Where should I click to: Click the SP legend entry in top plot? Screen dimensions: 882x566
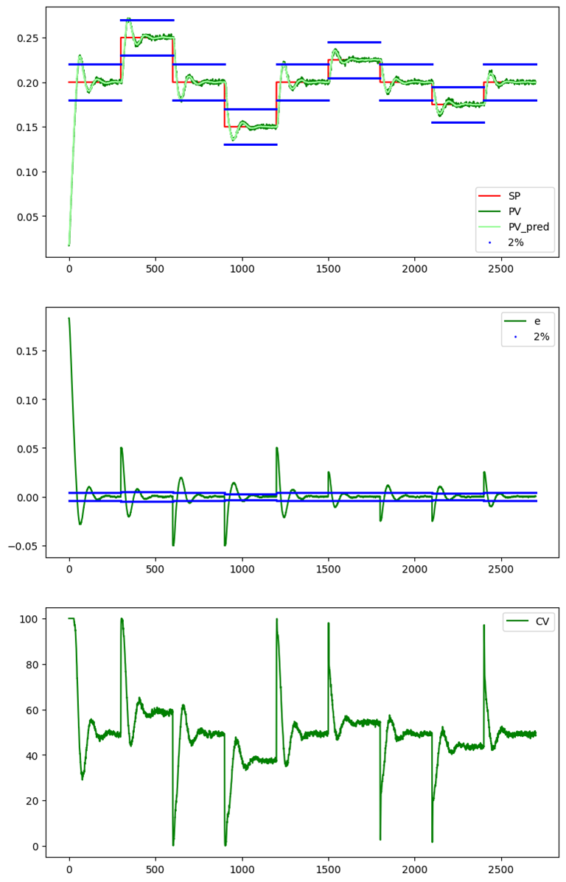pyautogui.click(x=514, y=196)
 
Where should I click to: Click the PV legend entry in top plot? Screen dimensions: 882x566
pyautogui.click(x=514, y=211)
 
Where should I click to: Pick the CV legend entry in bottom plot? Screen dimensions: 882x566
pyautogui.click(x=541, y=622)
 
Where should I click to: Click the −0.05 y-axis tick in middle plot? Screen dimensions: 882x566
pyautogui.click(x=24, y=546)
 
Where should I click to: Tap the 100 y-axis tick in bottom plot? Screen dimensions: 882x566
pyautogui.click(x=29, y=619)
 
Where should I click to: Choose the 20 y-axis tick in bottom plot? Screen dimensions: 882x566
pyautogui.click(x=32, y=801)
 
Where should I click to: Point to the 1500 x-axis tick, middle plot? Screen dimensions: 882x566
pyautogui.click(x=328, y=570)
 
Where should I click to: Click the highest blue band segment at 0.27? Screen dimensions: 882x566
pyautogui.click(x=147, y=20)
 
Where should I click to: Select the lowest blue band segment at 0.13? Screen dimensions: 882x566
pyautogui.click(x=251, y=144)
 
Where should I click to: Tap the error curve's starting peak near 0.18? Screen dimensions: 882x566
pyautogui.click(x=69, y=318)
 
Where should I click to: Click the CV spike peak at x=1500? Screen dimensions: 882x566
pyautogui.click(x=329, y=623)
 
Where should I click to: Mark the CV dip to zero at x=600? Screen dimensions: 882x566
pyautogui.click(x=173, y=844)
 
